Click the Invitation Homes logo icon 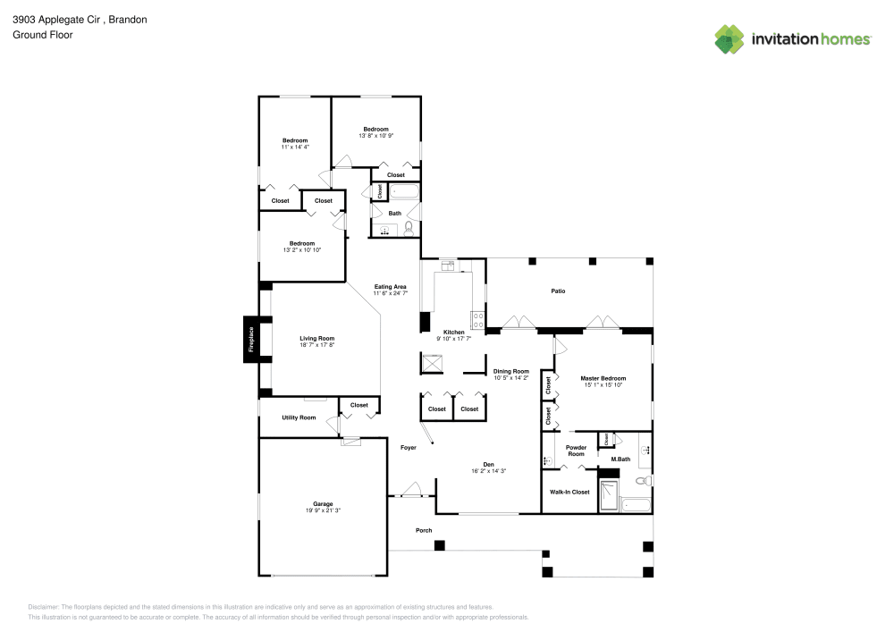click(x=730, y=38)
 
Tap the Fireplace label click(x=251, y=340)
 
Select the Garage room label click(x=323, y=504)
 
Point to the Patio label click(x=558, y=291)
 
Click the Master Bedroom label click(x=603, y=378)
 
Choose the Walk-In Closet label click(x=569, y=492)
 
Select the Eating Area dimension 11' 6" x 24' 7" click(x=390, y=293)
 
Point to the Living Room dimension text click(x=316, y=344)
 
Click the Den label click(x=488, y=464)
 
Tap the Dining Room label click(x=511, y=371)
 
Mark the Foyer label click(x=408, y=447)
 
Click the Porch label click(x=424, y=530)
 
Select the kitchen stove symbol click(x=478, y=317)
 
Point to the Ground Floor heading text click(x=42, y=35)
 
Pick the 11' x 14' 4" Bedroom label click(x=295, y=140)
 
